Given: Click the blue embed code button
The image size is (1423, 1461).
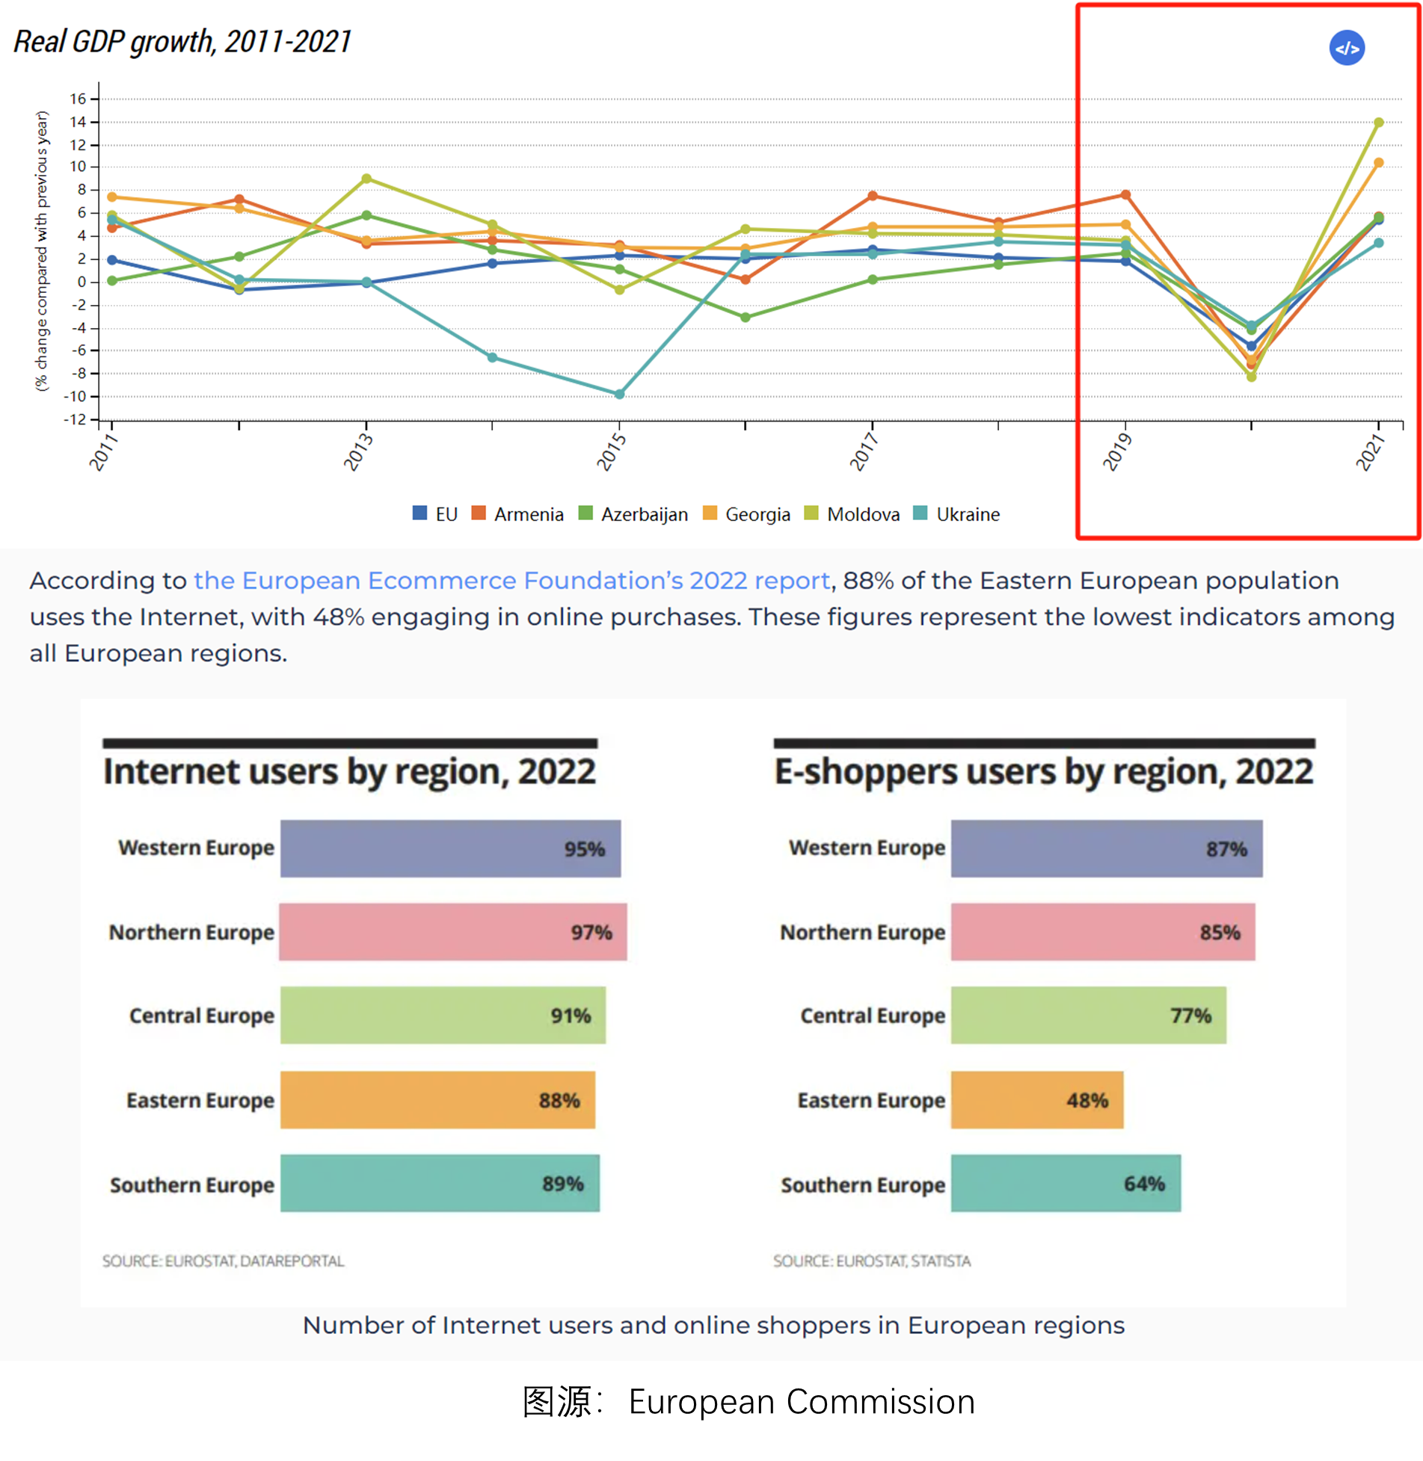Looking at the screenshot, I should pyautogui.click(x=1347, y=49).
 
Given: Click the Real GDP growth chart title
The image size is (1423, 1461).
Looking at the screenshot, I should pyautogui.click(x=182, y=42).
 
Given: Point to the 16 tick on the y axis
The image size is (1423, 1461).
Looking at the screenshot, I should pyautogui.click(x=79, y=99).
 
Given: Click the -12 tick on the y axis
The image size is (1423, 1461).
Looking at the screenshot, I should pyautogui.click(x=76, y=419).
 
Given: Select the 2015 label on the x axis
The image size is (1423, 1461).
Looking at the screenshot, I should pyautogui.click(x=611, y=451).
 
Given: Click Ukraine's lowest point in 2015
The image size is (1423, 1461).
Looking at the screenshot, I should pyautogui.click(x=619, y=394).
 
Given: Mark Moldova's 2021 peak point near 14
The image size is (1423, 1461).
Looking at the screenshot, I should pyautogui.click(x=1379, y=123).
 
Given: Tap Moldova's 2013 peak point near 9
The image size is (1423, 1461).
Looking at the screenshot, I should pyautogui.click(x=366, y=179).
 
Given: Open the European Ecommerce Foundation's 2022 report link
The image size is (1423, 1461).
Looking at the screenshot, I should pyautogui.click(x=512, y=581).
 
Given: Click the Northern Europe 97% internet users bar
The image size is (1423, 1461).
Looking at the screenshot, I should pyautogui.click(x=452, y=932).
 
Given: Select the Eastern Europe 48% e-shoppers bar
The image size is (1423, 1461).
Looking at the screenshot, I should pyautogui.click(x=1036, y=1100).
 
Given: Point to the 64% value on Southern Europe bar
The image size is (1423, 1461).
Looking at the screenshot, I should pyautogui.click(x=1144, y=1184).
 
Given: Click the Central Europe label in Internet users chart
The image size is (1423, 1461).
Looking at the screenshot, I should pyautogui.click(x=202, y=1016).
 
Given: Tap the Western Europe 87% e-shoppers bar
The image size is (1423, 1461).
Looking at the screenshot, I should pyautogui.click(x=1106, y=849).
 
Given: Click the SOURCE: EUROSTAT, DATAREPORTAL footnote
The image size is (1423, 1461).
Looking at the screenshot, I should pyautogui.click(x=223, y=1261).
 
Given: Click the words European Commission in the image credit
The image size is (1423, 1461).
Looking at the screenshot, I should pyautogui.click(x=802, y=1402).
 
